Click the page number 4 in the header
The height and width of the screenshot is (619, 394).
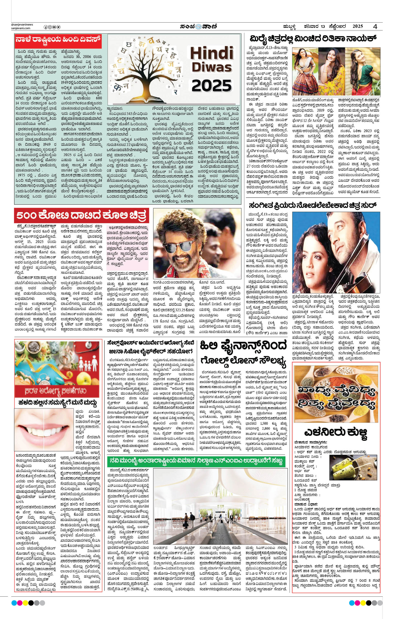click(376, 26)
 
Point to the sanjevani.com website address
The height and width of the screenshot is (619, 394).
click(21, 28)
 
